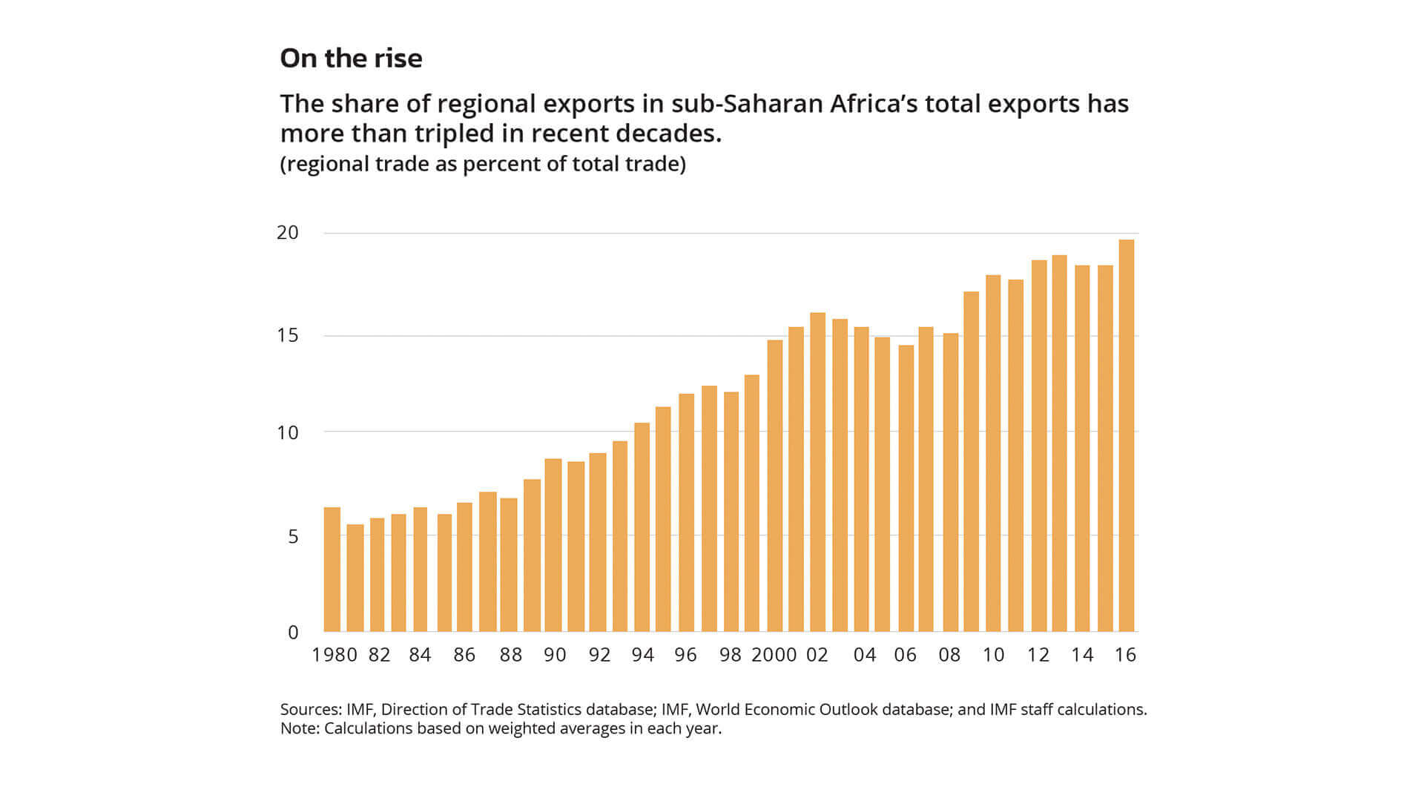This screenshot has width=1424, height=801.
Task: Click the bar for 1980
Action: tap(332, 569)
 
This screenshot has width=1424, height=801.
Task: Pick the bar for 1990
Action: tap(553, 544)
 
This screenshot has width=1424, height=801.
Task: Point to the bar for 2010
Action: tap(993, 453)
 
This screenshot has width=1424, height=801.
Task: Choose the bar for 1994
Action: tap(642, 527)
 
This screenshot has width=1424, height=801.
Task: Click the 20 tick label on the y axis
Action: tap(288, 233)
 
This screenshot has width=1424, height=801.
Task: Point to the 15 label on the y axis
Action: tap(288, 335)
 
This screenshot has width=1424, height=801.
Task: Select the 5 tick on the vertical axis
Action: tap(293, 535)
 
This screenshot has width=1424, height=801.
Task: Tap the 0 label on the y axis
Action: tap(293, 633)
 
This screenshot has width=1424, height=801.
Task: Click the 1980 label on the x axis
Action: tap(334, 655)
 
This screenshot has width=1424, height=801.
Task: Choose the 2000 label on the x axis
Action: tap(774, 655)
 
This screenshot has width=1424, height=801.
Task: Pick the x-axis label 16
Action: tap(1125, 655)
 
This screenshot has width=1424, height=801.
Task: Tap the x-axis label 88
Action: tap(511, 655)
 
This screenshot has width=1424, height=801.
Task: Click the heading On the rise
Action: tap(351, 58)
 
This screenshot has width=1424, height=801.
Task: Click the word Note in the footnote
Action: tap(298, 728)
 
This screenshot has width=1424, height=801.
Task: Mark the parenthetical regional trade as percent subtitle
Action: tap(483, 164)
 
